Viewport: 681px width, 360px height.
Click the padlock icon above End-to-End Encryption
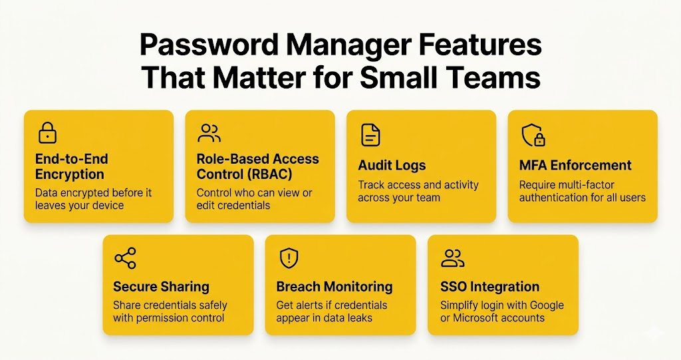[x=47, y=133]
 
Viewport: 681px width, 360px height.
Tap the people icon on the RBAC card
[x=209, y=133]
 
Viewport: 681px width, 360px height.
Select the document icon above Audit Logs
[x=370, y=134]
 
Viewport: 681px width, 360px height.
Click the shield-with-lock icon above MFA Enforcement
[x=533, y=135]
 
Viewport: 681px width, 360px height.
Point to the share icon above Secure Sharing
[x=125, y=258]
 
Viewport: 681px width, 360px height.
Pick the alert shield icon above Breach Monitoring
[x=289, y=258]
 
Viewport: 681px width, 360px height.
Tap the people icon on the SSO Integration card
[x=453, y=258]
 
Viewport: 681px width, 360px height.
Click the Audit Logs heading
[x=392, y=165]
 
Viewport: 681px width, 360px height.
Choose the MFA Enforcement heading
[x=575, y=165]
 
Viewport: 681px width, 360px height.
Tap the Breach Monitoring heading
[x=334, y=287]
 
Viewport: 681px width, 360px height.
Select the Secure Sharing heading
[x=161, y=287]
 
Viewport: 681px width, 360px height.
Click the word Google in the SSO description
[x=540, y=305]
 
